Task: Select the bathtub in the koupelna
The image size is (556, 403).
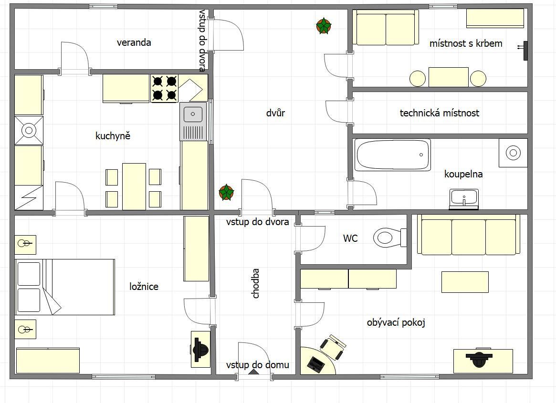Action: (392, 155)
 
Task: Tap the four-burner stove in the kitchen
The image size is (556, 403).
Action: (165, 88)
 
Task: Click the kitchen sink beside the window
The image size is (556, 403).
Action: (193, 122)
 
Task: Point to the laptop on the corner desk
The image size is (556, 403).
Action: (315, 364)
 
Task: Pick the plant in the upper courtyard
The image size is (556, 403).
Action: (324, 26)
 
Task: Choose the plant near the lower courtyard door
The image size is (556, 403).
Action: (226, 193)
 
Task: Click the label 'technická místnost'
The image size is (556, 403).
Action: (440, 113)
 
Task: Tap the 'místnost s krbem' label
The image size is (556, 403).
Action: (466, 43)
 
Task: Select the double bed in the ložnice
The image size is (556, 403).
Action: (65, 287)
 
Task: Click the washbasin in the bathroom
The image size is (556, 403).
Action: (464, 199)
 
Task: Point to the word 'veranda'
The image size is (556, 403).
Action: (134, 42)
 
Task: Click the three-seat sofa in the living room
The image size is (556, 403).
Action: (468, 235)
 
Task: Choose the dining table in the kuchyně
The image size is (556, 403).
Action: (134, 186)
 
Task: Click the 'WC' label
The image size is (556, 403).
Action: (350, 238)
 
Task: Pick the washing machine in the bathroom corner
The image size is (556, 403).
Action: (513, 153)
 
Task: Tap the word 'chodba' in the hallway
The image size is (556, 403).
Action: (255, 283)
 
